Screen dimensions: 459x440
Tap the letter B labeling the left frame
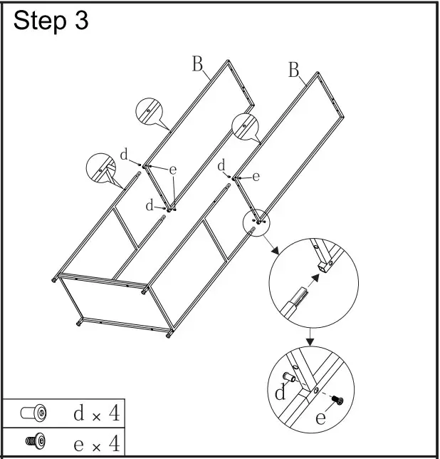point(197,64)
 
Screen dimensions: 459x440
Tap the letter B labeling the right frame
point(293,70)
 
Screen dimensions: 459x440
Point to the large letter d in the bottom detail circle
point(281,391)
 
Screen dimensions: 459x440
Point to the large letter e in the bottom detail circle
point(321,417)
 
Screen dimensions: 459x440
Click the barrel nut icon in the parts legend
point(33,413)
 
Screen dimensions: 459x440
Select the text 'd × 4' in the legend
point(96,413)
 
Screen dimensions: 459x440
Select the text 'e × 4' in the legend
point(96,443)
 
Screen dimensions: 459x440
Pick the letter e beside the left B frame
point(172,170)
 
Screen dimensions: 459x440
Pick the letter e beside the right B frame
point(256,175)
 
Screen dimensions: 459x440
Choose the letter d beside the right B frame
point(222,165)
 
